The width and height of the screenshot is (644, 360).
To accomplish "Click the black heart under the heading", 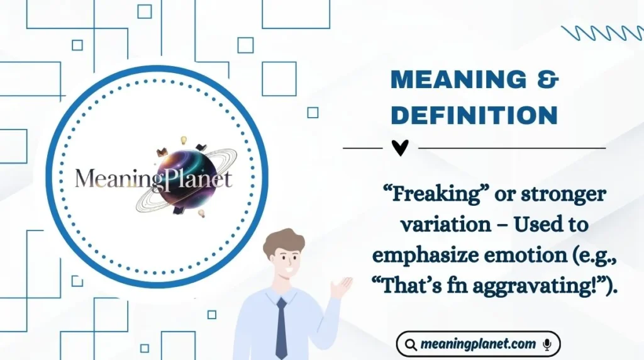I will pyautogui.click(x=400, y=148).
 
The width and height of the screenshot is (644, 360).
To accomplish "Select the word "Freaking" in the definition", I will pyautogui.click(x=428, y=194).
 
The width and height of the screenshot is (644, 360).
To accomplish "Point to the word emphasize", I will pyautogui.click(x=428, y=256).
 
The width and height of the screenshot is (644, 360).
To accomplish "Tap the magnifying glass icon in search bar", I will pyautogui.click(x=411, y=345).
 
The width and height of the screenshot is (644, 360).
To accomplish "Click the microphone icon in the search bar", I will pyautogui.click(x=547, y=344).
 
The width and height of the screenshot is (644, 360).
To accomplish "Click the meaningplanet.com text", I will pyautogui.click(x=478, y=344).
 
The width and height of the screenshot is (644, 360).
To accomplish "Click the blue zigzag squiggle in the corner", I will pyautogui.click(x=601, y=32).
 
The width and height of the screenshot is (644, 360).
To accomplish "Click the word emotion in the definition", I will pyautogui.click(x=514, y=256).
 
